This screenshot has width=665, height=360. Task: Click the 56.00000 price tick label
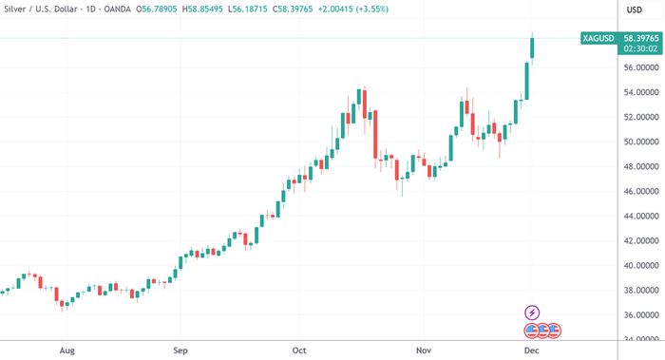(x=641, y=68)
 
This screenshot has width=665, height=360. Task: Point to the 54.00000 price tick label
(x=641, y=93)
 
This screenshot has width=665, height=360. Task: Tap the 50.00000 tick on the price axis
(x=641, y=142)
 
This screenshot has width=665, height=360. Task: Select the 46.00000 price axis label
(x=641, y=192)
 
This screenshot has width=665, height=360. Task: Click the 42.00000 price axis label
(x=641, y=241)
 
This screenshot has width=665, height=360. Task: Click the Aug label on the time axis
(x=66, y=351)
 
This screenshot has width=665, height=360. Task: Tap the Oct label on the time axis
(x=300, y=351)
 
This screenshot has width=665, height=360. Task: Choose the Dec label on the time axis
(x=533, y=351)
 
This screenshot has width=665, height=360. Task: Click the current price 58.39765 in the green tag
(x=641, y=39)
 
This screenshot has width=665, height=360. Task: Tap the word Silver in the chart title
(x=17, y=9)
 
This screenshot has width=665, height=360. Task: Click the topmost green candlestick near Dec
(x=533, y=47)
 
